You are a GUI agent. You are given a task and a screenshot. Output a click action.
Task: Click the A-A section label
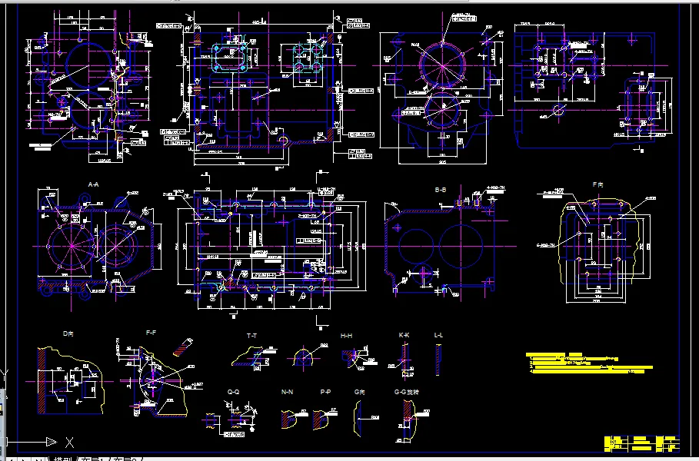[94, 184]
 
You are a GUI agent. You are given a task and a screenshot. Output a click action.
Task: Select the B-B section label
[441, 189]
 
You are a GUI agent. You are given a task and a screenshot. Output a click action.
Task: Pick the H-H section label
[346, 336]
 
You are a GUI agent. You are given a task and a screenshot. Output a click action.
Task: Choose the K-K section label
[404, 336]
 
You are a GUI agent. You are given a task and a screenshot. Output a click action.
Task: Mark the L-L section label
[438, 336]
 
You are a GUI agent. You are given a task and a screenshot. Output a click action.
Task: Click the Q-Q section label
[233, 392]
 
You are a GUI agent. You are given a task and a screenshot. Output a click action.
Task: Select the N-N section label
[287, 392]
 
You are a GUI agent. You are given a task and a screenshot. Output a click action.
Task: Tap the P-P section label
[326, 392]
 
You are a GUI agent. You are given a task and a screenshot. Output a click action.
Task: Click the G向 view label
[359, 392]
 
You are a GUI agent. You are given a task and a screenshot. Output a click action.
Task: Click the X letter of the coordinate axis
[69, 442]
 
